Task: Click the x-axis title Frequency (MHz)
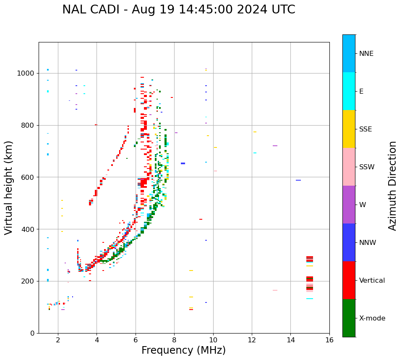[x=183, y=350]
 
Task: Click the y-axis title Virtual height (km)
[x=9, y=187]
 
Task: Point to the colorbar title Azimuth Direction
[x=392, y=186]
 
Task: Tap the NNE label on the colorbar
[x=366, y=54]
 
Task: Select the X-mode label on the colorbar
[x=372, y=318]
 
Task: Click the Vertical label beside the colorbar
[x=372, y=281]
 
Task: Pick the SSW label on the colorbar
[x=367, y=167]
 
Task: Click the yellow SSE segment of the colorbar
[x=349, y=129]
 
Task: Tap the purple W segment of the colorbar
[x=349, y=205]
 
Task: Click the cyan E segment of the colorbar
[x=349, y=91]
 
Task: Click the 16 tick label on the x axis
[x=329, y=340]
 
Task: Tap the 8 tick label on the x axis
[x=174, y=340]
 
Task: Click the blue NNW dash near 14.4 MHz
[x=298, y=180]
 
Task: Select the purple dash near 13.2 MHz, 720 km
[x=275, y=146]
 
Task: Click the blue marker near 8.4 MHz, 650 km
[x=183, y=163]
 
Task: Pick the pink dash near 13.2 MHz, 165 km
[x=275, y=290]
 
